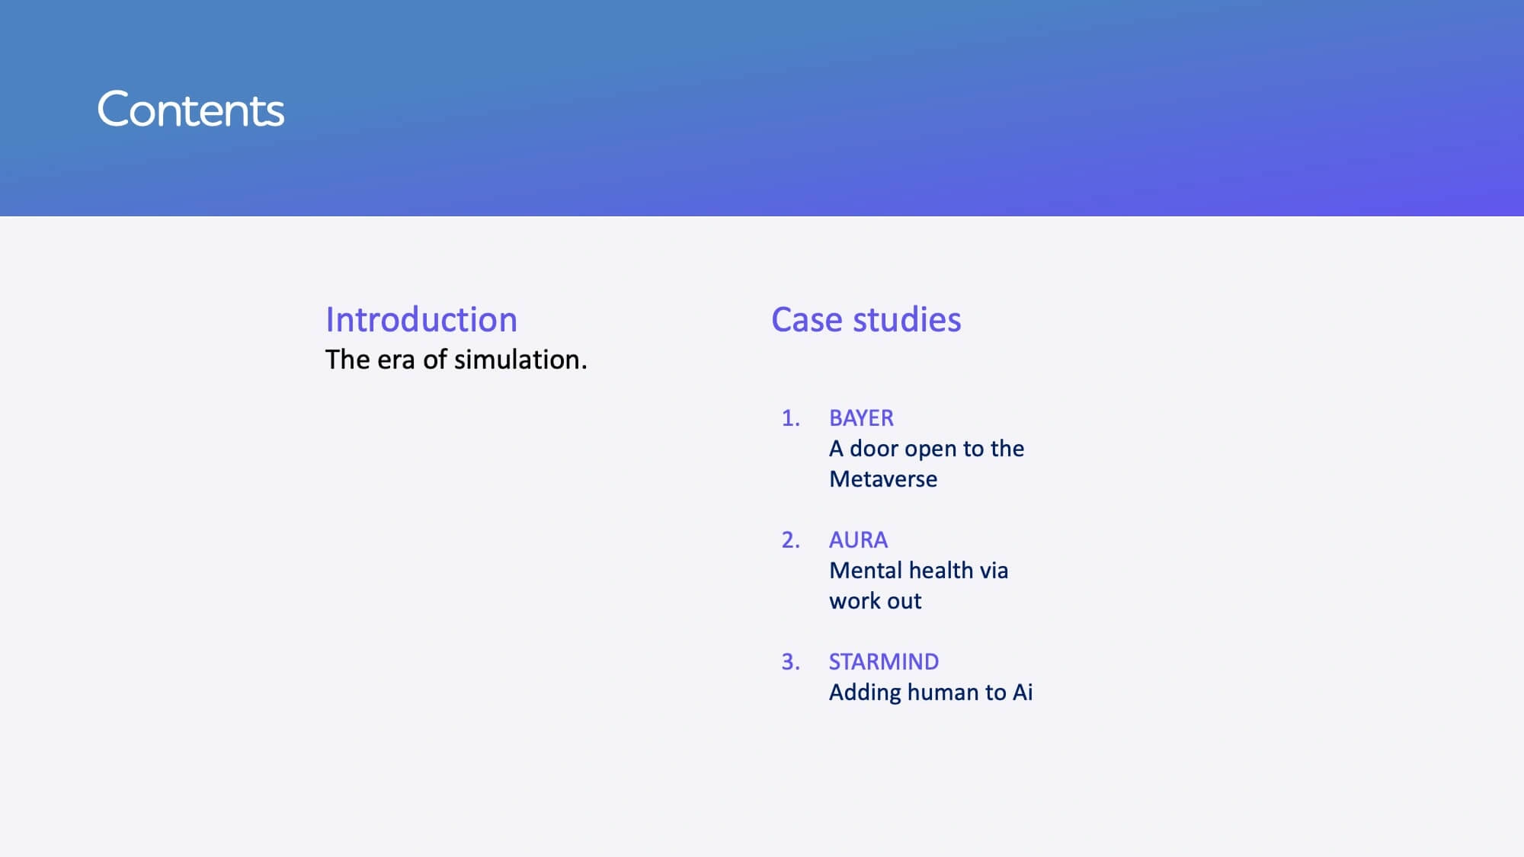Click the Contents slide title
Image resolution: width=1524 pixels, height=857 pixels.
tap(190, 110)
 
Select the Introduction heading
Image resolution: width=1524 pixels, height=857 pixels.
tap(421, 319)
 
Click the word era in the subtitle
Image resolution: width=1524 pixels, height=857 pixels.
tap(395, 360)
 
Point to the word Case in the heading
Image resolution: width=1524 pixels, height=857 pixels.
tap(807, 320)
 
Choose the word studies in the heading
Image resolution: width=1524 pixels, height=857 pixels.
tap(907, 320)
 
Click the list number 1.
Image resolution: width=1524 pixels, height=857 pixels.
tap(791, 418)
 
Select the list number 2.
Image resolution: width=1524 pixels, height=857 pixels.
tap(791, 540)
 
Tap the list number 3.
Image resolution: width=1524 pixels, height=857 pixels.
tap(791, 662)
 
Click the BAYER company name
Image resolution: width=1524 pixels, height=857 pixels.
tap(861, 418)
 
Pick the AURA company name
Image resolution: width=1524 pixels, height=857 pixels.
tap(858, 540)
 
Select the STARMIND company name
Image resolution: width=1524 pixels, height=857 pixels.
tap(884, 662)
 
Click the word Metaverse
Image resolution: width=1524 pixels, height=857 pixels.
tap(883, 479)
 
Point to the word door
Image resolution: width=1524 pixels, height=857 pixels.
tap(873, 449)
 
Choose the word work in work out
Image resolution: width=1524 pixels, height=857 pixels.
tap(852, 601)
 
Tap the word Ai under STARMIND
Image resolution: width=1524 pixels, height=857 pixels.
tap(1023, 692)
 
